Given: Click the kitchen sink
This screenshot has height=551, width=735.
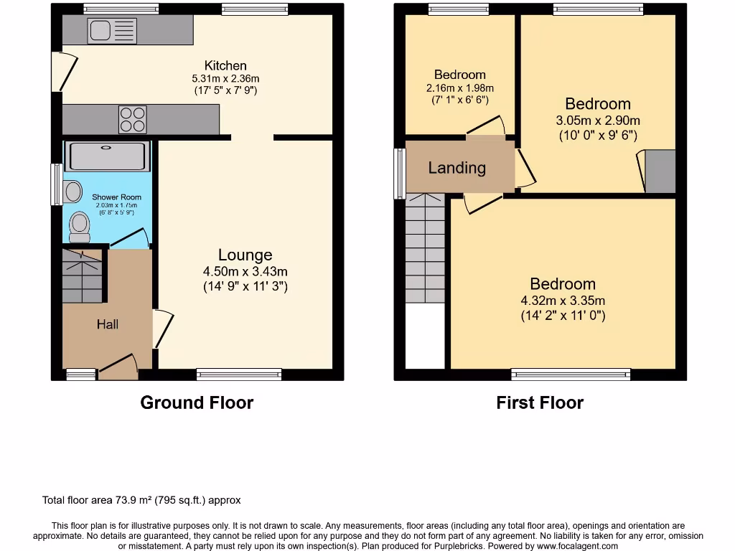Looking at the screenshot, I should pos(111,30).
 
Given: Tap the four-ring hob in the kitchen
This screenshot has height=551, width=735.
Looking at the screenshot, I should pos(132,120).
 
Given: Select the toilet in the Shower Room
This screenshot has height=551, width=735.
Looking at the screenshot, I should pos(79,227).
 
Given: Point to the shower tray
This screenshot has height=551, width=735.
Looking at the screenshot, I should pos(107,156).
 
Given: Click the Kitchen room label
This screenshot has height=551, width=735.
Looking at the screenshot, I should pos(225,65).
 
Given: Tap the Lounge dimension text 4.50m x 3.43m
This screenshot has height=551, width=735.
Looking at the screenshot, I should pos(245,272).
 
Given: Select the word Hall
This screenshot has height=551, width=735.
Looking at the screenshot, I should pos(108,325).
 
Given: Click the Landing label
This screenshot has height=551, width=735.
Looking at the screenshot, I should pos(457,168).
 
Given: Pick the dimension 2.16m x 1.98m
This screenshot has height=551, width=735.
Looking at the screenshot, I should pos(460,88).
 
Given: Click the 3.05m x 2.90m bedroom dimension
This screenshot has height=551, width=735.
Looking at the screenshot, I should pos(598,121).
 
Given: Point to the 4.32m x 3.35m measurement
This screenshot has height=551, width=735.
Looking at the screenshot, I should pos(563,301).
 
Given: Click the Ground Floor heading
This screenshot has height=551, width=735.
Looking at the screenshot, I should pos(197,402).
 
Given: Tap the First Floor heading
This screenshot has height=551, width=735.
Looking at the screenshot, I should pos(540,402).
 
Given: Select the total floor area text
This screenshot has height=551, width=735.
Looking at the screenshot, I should pos(141,500).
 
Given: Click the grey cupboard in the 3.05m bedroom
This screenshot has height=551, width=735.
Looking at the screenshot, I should pos(660,171).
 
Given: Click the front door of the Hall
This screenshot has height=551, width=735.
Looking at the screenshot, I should pos(118,369).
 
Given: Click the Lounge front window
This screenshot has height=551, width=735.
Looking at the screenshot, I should pos(239,374).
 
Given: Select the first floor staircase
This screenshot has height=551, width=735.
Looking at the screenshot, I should pos(426,248).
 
